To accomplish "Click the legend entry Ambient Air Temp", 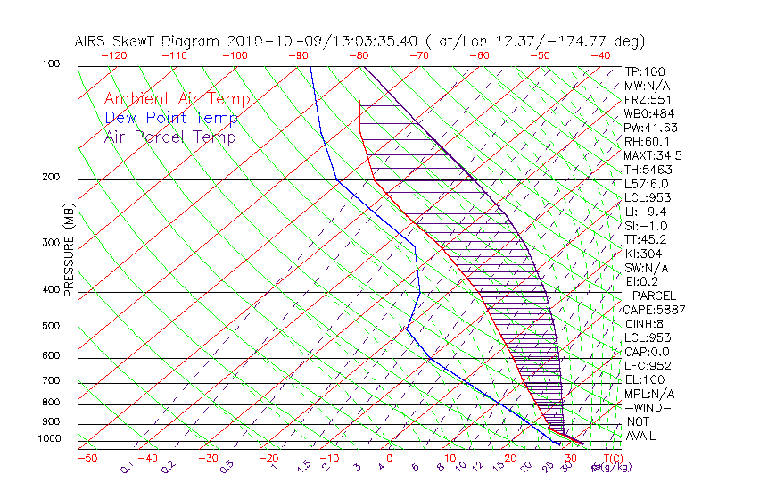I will coord(177,100).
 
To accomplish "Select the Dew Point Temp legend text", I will coord(171,119).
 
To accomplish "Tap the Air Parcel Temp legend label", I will coord(170,137).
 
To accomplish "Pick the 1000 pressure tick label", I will coord(50,439).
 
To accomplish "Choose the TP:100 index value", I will coord(644,71).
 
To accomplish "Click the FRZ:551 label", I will coord(648,99).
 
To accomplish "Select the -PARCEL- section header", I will coord(654,296).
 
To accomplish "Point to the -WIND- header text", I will coord(648,407).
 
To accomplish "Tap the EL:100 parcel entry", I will coord(644,379).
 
